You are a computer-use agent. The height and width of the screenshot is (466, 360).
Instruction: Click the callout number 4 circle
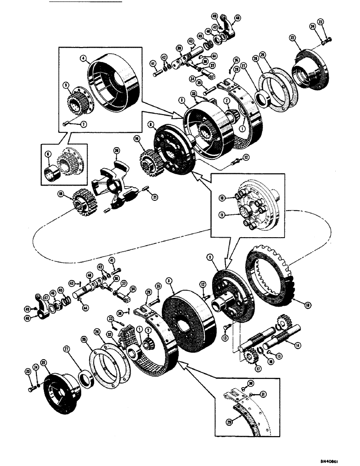point(83,59)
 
